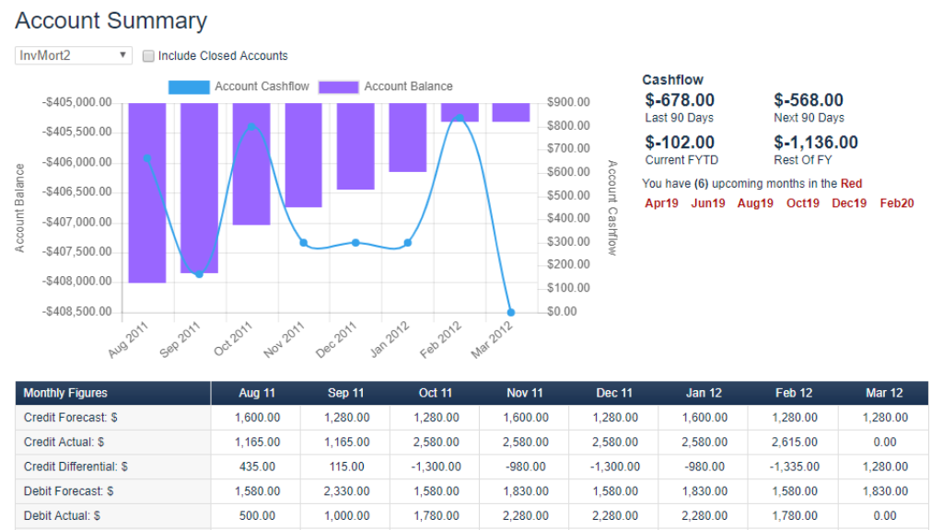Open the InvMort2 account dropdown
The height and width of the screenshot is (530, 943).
(74, 56)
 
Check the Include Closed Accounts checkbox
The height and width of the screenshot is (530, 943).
(148, 56)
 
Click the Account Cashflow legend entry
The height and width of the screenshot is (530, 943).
(239, 86)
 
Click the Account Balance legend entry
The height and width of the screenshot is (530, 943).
(386, 86)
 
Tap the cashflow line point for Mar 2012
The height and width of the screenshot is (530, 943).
(511, 312)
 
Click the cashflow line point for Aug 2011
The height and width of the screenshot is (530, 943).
(146, 158)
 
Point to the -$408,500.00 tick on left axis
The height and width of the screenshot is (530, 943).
(78, 311)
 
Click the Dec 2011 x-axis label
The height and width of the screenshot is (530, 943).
(335, 341)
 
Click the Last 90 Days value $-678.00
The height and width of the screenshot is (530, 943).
(680, 100)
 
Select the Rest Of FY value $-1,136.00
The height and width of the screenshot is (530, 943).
(815, 143)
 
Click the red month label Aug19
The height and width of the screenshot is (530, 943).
(755, 203)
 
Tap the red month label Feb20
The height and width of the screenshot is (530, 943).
(896, 203)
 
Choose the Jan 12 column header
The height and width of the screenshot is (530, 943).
(704, 393)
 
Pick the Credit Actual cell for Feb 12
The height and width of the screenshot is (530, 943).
(793, 443)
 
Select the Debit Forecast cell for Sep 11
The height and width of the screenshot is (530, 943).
(345, 491)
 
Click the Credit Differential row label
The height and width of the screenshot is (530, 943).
(76, 467)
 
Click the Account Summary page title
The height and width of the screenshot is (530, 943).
(111, 21)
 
